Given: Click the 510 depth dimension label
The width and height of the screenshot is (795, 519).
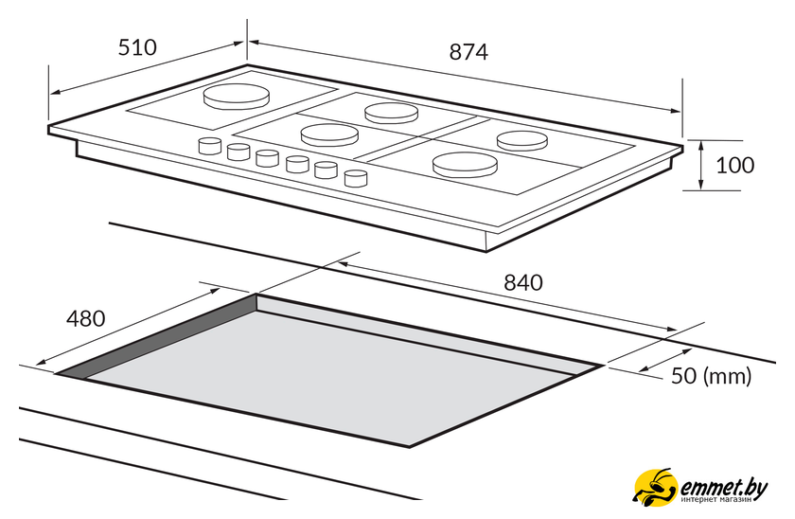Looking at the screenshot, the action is [x=137, y=47].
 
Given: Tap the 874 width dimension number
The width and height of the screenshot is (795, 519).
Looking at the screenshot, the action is [x=468, y=52].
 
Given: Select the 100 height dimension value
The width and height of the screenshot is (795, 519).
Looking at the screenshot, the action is [x=734, y=166].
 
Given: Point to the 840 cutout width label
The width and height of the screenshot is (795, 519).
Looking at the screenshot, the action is [x=522, y=282].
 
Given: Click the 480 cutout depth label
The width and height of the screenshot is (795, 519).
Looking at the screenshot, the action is [x=86, y=318].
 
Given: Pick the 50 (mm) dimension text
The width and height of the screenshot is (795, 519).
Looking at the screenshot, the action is [x=712, y=376].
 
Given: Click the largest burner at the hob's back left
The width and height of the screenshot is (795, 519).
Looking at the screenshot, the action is [x=236, y=97].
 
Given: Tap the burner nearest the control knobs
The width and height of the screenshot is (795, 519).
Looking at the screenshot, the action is [x=329, y=134].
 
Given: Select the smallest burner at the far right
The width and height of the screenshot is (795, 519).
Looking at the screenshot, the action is [x=522, y=140].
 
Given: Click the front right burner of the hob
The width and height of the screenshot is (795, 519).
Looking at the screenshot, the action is [x=465, y=165].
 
